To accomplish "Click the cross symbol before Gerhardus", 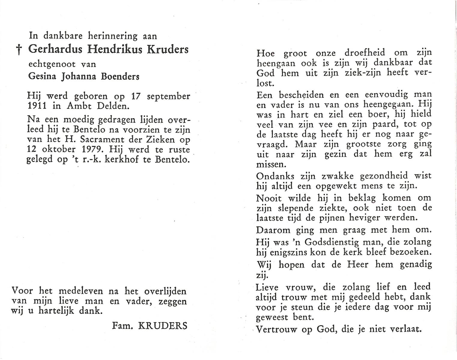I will pyautogui.click(x=19, y=50).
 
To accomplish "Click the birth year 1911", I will pyautogui.click(x=36, y=106).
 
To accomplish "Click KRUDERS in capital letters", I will pyautogui.click(x=162, y=325).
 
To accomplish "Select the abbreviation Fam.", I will pyautogui.click(x=122, y=325).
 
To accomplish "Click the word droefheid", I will pyautogui.click(x=365, y=53).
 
